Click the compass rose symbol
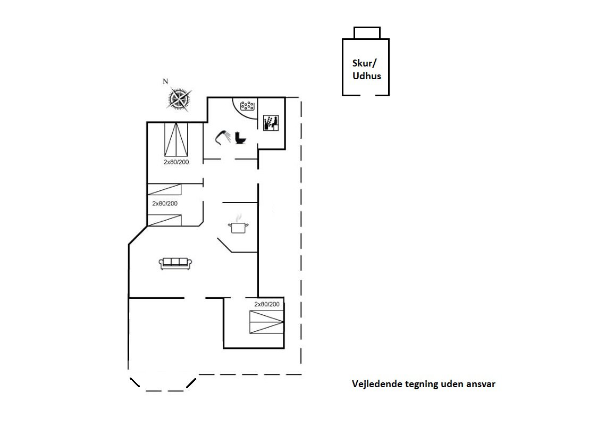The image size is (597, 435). [179, 99]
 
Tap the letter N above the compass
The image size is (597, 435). [165, 81]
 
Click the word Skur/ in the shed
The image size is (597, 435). [364, 64]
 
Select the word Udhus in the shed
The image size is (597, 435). [367, 76]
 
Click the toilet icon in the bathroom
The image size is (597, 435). [240, 138]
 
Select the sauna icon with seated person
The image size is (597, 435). [271, 123]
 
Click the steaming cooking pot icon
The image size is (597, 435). [238, 224]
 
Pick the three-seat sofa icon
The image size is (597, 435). [175, 263]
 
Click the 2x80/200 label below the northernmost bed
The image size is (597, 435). [176, 162]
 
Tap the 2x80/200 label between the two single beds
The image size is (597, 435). [165, 203]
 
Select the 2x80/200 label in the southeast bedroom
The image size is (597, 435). [267, 304]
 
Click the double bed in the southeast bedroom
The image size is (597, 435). [267, 322]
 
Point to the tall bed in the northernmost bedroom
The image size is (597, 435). [176, 139]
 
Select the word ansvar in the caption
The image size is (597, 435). [482, 384]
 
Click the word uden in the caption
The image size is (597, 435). [453, 384]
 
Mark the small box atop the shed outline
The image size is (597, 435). [367, 33]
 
